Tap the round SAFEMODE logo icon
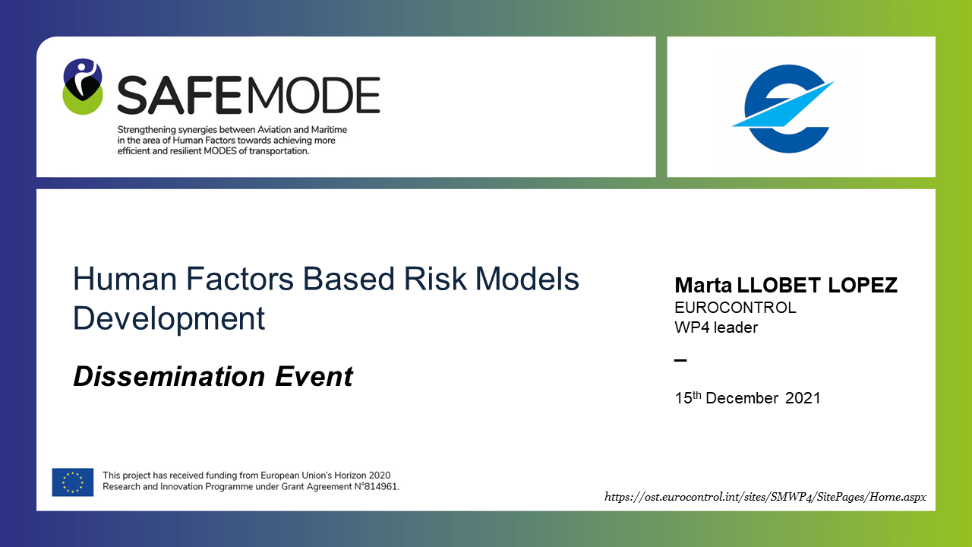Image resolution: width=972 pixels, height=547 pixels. coord(83,87)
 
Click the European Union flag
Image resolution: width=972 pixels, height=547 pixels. coord(72,482)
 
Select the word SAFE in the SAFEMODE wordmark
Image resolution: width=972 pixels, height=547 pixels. coord(179,95)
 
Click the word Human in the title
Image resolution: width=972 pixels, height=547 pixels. coord(125,279)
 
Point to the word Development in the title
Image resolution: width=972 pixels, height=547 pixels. coord(169,318)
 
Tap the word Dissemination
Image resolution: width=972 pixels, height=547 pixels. coord(169,376)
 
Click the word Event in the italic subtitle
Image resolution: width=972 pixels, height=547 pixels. coord(314,376)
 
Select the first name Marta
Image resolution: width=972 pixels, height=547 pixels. coord(703,285)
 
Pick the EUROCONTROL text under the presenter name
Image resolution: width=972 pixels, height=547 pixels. coord(735,308)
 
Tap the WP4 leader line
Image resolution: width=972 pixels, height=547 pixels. coord(716,327)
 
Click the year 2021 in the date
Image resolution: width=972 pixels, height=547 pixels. coord(803,398)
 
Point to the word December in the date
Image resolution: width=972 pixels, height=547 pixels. coord(742,398)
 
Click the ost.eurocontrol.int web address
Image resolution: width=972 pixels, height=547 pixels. coord(765,497)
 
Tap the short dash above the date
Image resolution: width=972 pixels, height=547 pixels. coord(680,360)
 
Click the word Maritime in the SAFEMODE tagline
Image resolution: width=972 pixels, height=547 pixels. coord(329,130)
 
